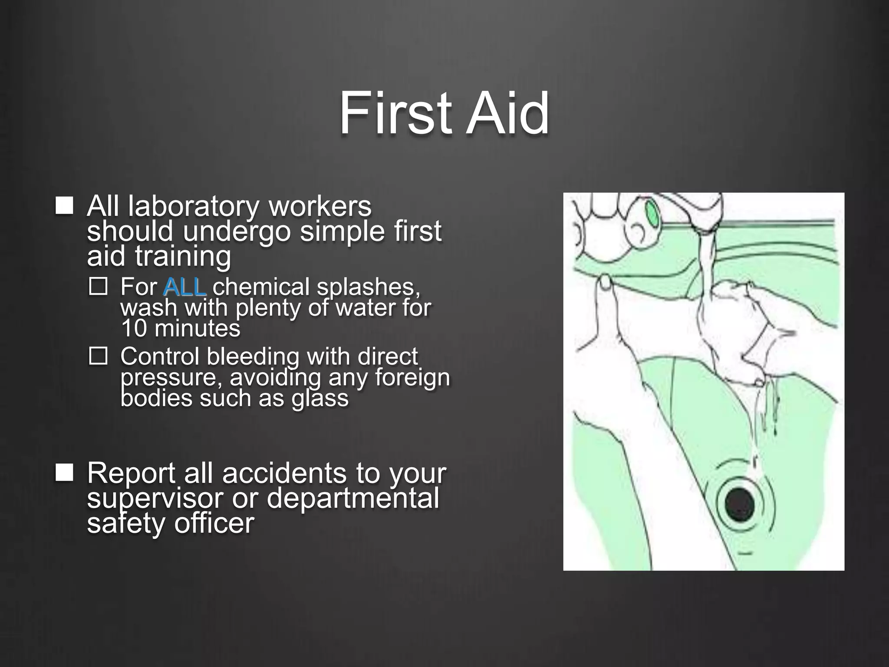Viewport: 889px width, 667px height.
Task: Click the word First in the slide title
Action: tap(394, 114)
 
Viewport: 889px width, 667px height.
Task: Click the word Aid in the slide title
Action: tap(507, 114)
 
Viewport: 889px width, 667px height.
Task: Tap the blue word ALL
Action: tap(185, 287)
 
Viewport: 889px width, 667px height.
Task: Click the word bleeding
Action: tap(253, 357)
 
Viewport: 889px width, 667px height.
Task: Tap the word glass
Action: tap(320, 398)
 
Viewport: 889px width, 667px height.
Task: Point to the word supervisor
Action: tap(155, 499)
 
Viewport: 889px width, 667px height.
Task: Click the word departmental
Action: tap(352, 499)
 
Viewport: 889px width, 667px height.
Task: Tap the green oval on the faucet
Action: tap(652, 213)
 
